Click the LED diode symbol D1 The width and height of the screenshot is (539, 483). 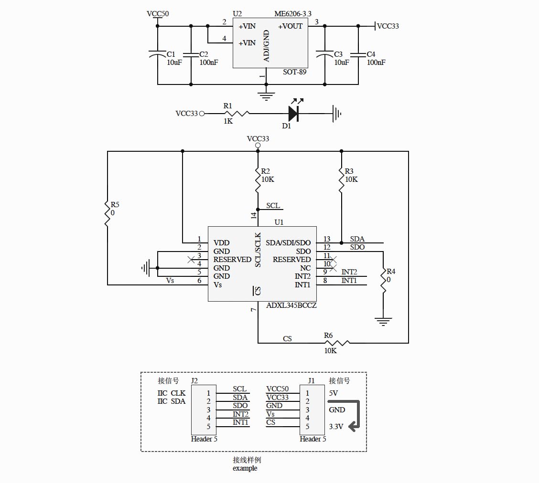click(x=293, y=114)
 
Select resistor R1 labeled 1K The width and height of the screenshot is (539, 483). click(x=237, y=114)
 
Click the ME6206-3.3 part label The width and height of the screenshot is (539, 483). click(x=296, y=14)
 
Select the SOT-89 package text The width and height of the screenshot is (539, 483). click(x=295, y=72)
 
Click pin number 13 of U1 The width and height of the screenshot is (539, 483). click(x=327, y=239)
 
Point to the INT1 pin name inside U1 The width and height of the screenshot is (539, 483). click(x=302, y=285)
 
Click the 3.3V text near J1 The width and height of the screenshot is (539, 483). click(x=336, y=427)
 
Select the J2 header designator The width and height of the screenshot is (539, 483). click(x=194, y=380)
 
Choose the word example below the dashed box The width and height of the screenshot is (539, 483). click(x=245, y=468)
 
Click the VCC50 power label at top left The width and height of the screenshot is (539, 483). click(x=157, y=14)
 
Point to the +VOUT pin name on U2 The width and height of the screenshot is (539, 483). click(x=291, y=26)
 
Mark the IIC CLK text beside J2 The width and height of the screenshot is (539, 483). click(x=171, y=393)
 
